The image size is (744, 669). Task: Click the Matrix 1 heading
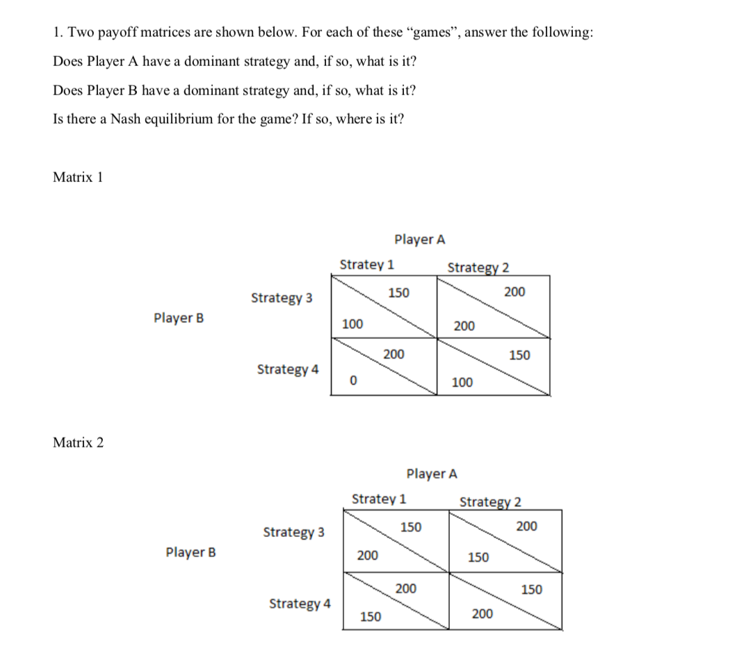click(x=78, y=177)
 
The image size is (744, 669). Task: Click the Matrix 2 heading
click(x=78, y=443)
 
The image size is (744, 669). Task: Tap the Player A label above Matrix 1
click(x=419, y=240)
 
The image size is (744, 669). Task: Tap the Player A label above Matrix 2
click(x=432, y=474)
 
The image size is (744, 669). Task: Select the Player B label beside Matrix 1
click(x=179, y=318)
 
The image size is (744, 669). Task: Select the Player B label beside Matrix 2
click(x=191, y=553)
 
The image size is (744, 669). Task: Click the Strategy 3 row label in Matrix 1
click(x=281, y=298)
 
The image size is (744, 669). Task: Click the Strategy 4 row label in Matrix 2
click(x=300, y=603)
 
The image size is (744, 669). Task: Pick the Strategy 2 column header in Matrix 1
click(x=478, y=267)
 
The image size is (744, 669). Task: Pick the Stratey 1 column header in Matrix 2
click(x=379, y=499)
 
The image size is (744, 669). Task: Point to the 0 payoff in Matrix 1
click(x=353, y=381)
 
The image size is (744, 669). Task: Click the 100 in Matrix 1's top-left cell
click(x=353, y=324)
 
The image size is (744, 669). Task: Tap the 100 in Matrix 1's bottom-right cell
click(x=462, y=381)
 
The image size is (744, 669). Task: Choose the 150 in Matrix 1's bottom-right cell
click(x=519, y=355)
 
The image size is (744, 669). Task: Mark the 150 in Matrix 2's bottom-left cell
click(x=370, y=616)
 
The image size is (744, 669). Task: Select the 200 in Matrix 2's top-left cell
click(x=367, y=556)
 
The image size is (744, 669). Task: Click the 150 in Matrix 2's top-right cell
click(x=478, y=557)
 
